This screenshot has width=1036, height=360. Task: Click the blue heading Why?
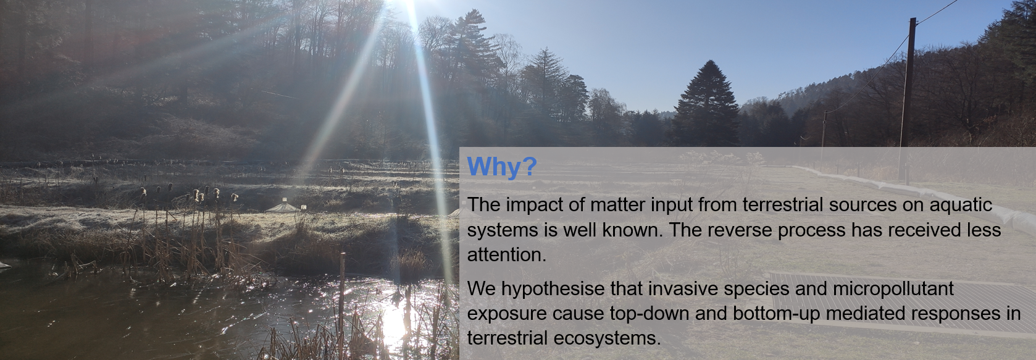click(x=502, y=167)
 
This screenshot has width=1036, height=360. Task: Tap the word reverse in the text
click(x=740, y=230)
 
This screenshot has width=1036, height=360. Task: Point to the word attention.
click(x=507, y=254)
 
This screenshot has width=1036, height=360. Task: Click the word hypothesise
click(x=553, y=289)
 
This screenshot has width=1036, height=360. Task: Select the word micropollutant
click(x=893, y=289)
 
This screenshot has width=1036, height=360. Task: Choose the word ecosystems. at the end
click(x=608, y=338)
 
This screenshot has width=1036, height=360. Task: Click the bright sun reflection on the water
click(x=393, y=324)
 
